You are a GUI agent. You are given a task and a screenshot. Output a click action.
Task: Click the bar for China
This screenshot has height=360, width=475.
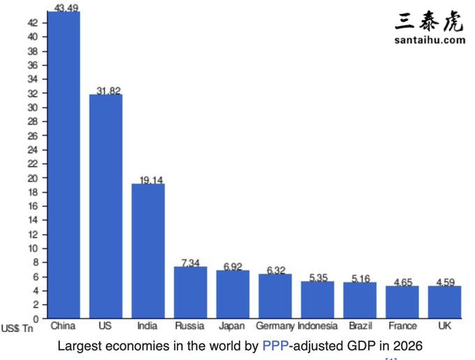64,164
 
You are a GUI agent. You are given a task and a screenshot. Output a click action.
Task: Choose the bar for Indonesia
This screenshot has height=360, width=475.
317,299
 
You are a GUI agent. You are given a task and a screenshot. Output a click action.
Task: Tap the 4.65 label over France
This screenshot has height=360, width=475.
402,282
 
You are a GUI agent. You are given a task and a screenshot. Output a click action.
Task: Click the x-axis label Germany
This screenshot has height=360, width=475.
275,326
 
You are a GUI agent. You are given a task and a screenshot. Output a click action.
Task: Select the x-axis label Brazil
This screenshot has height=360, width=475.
360,326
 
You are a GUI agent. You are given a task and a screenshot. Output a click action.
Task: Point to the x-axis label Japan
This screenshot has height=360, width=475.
232,326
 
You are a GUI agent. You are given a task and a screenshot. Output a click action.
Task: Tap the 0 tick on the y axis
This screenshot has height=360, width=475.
36,319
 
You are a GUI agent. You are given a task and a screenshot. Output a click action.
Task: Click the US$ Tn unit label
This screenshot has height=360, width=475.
17,328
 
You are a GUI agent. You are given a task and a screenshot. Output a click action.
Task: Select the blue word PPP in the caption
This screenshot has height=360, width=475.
275,345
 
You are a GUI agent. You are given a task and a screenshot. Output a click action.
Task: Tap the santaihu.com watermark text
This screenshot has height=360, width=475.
430,40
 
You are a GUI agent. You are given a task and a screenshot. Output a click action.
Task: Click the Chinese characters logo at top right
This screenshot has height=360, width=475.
429,21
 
